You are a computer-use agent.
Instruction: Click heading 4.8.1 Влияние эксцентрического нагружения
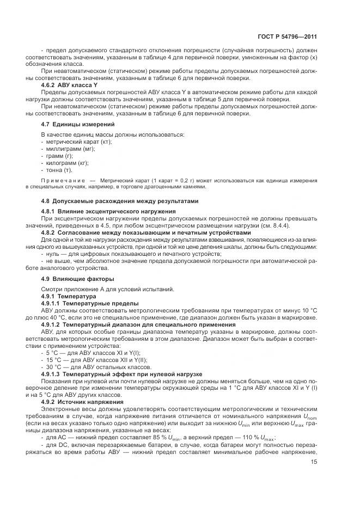pyautogui.click(x=108, y=211)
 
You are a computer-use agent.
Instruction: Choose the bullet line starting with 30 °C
pyautogui.click(x=87, y=367)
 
